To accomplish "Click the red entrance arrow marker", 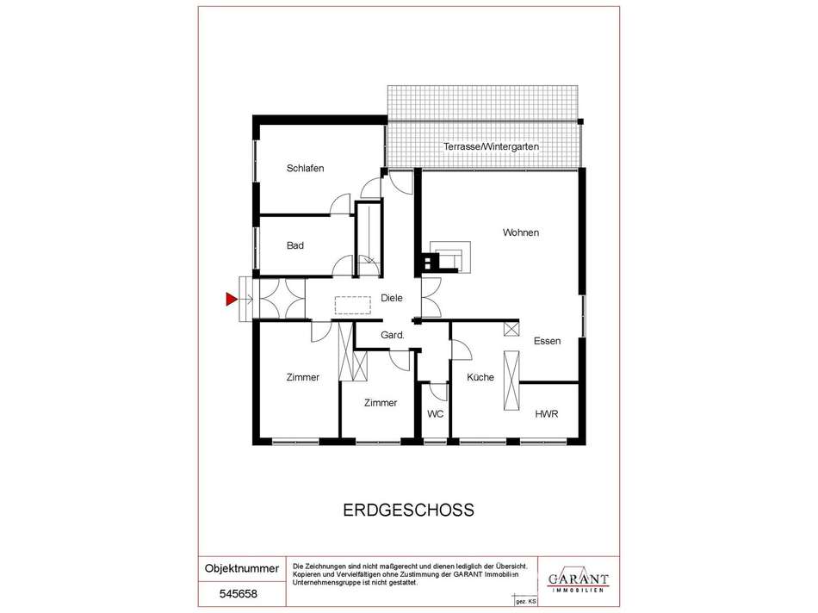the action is (x=231, y=299).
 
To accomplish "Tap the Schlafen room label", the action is (x=305, y=168).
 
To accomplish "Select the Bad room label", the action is (x=295, y=245).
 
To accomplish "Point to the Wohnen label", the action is (x=521, y=232).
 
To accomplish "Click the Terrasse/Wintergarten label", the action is (x=491, y=146).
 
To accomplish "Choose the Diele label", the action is (x=392, y=297).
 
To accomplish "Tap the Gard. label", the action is (x=393, y=335).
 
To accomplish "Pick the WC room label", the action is (x=435, y=414).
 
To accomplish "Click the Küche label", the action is (x=480, y=377).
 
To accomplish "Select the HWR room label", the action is (x=547, y=414).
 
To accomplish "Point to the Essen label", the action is (x=548, y=341).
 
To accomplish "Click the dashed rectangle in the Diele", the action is (x=353, y=305).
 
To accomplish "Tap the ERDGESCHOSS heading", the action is (x=408, y=510).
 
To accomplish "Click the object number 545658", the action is (x=239, y=594).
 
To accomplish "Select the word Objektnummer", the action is (x=242, y=568).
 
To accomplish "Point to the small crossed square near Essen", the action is (x=511, y=329).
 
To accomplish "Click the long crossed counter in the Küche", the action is (x=511, y=381).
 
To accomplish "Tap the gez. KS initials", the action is (x=526, y=602).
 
